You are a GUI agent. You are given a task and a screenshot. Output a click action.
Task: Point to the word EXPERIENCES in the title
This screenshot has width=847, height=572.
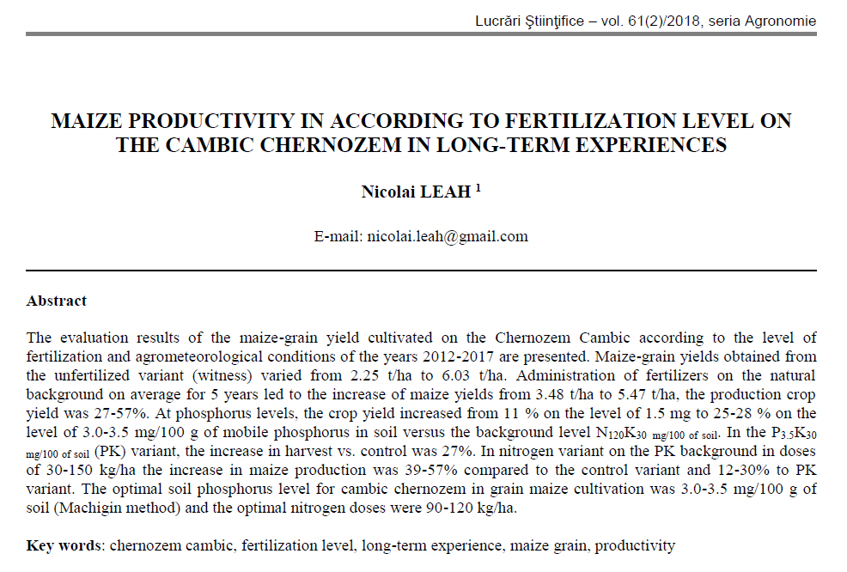click(x=638, y=144)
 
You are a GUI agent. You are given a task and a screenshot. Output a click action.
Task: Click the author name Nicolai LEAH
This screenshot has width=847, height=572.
click(x=416, y=192)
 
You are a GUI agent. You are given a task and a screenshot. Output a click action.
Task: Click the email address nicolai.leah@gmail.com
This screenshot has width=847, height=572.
click(x=448, y=236)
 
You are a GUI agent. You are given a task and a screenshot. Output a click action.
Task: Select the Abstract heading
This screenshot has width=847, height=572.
click(x=57, y=301)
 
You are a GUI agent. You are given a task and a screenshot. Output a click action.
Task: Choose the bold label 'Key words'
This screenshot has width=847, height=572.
click(x=64, y=545)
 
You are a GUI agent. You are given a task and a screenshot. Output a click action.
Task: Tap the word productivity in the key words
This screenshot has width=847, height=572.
click(x=635, y=545)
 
